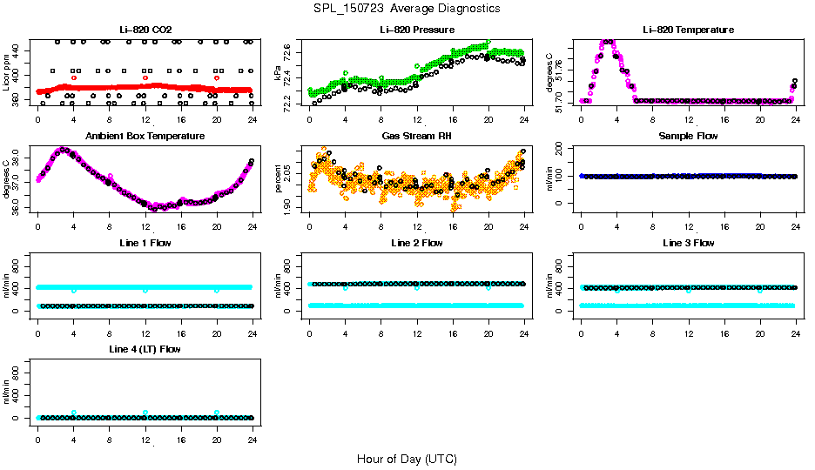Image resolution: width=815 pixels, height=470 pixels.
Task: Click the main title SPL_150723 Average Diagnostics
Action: (x=407, y=8)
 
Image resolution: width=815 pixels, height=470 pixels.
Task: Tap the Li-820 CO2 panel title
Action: (x=145, y=30)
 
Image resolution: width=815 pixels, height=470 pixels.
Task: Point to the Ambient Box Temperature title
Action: (x=145, y=137)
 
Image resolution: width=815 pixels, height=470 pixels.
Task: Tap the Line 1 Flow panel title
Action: (x=145, y=244)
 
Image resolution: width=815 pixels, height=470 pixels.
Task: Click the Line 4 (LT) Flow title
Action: (x=145, y=349)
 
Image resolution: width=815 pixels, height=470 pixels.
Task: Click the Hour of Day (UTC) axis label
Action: (x=407, y=459)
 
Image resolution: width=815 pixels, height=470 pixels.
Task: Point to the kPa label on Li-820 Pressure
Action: (x=279, y=76)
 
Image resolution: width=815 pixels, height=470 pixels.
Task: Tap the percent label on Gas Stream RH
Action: (x=279, y=180)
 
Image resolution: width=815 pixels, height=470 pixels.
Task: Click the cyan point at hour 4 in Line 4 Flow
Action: (x=74, y=413)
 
